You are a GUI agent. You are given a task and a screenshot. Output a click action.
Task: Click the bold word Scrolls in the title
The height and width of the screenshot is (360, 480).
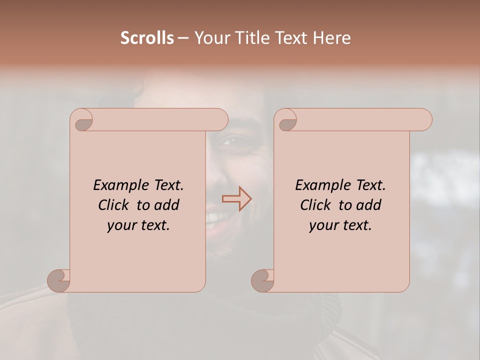click(x=147, y=38)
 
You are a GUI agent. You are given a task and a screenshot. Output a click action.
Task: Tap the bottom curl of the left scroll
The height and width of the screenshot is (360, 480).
click(x=58, y=280)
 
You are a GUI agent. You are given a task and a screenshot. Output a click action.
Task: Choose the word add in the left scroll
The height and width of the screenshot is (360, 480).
click(x=166, y=205)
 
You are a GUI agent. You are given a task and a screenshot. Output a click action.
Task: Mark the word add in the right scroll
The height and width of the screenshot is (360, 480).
click(x=368, y=205)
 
